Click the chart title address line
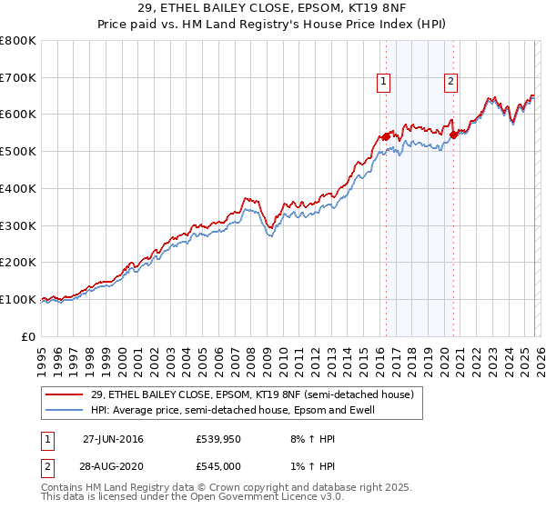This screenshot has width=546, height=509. click(273, 9)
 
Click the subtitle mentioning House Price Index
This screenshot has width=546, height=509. click(273, 25)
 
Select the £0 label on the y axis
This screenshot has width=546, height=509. click(29, 336)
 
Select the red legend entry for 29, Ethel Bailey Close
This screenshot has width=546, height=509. click(252, 394)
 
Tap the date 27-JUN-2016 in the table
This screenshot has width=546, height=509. click(113, 439)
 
